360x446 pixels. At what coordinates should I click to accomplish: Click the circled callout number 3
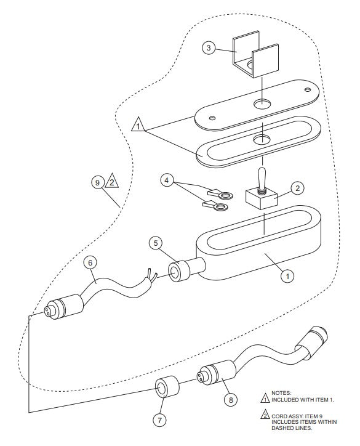209,48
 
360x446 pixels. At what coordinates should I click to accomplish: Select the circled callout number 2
297,187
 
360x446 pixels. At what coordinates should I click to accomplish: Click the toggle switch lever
260,177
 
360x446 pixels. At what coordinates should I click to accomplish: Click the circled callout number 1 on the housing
287,276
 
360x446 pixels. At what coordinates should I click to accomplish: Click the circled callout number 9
97,182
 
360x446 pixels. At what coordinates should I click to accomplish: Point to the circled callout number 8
231,399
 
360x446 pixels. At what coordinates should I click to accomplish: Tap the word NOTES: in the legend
282,392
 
